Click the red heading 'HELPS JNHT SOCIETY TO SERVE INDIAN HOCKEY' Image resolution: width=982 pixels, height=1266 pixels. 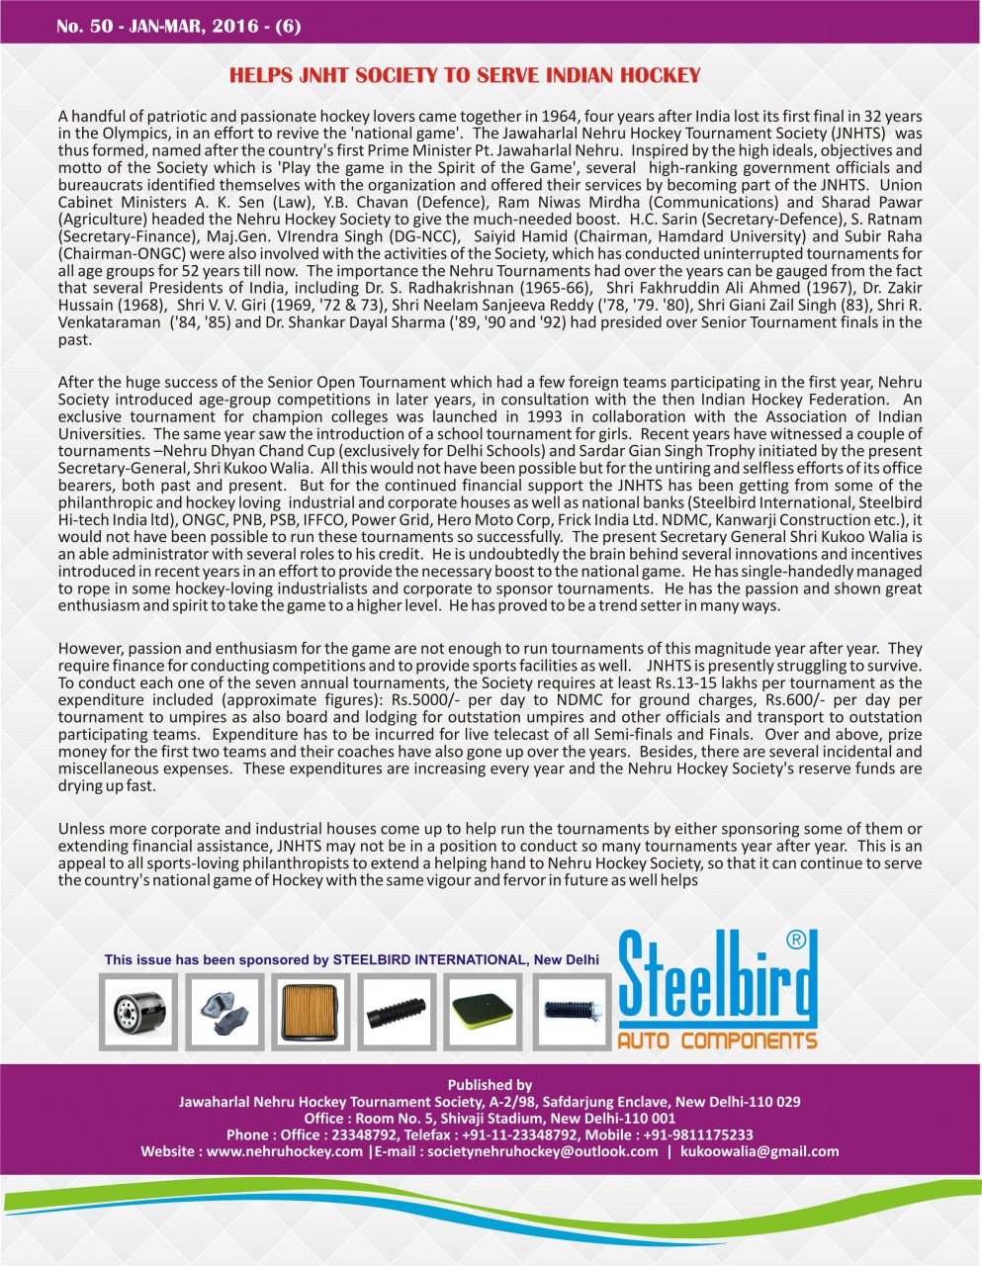[x=465, y=75]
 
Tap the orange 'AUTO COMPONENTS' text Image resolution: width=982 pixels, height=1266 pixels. [x=717, y=1040]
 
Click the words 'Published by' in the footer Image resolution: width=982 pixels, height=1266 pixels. [x=490, y=1084]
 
